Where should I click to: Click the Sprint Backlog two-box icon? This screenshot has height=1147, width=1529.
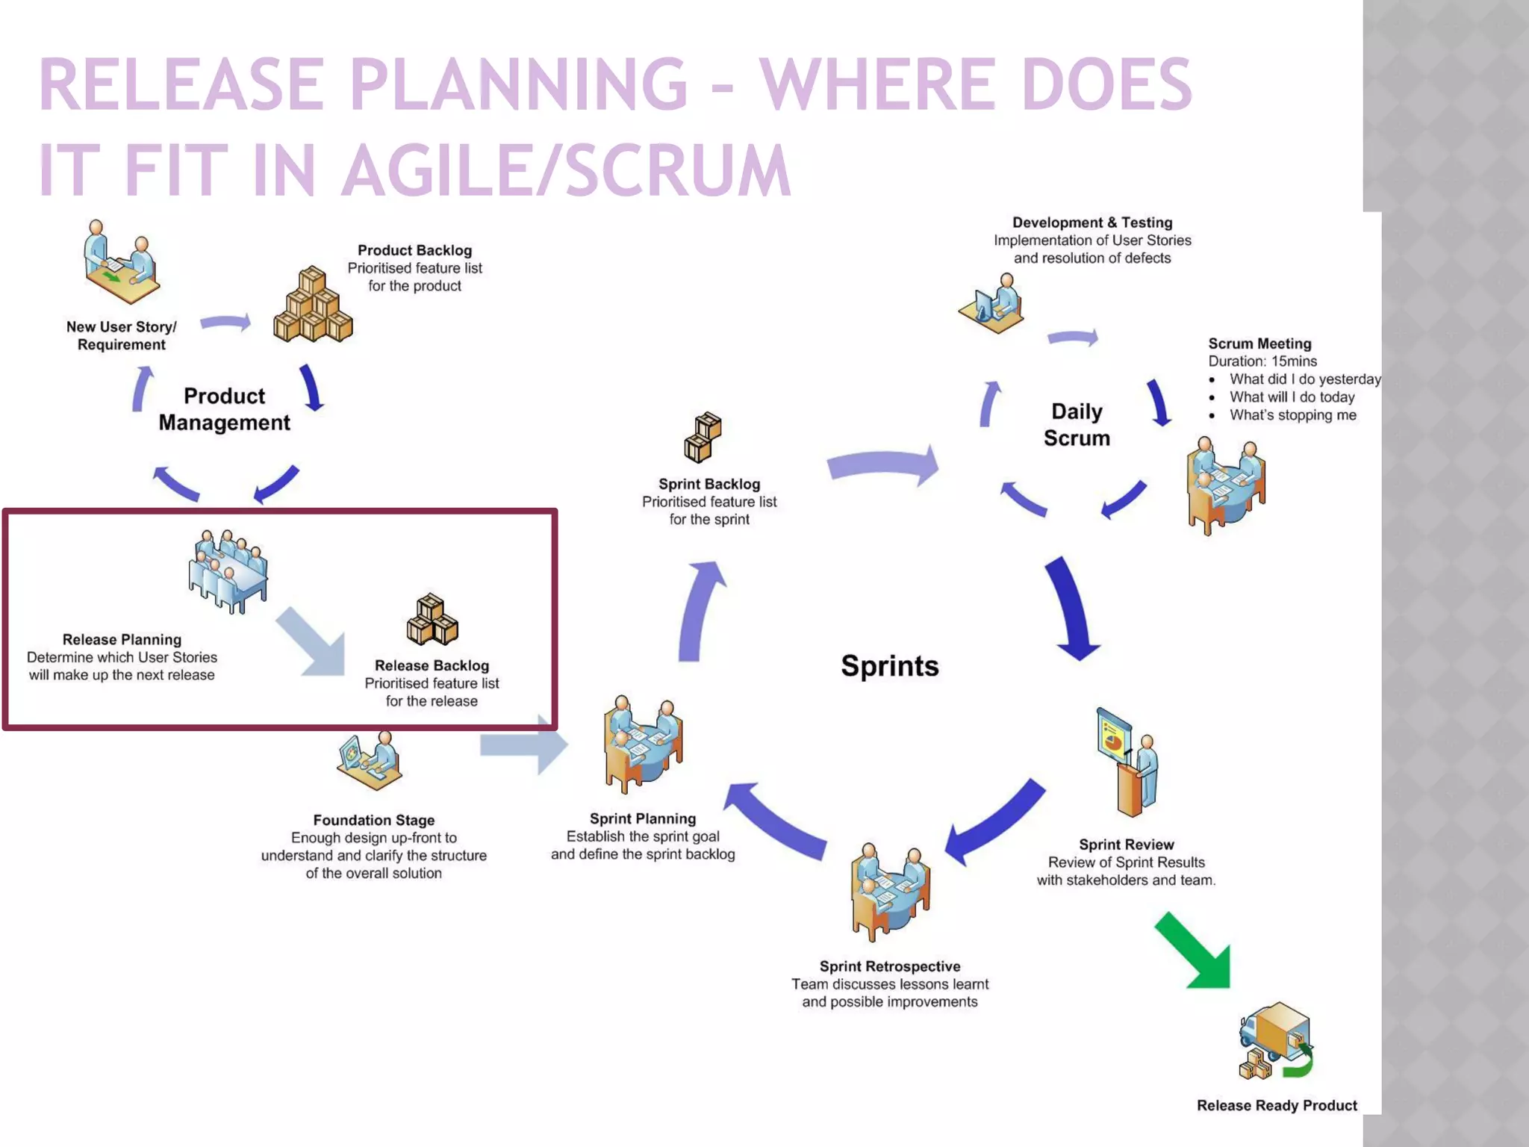[703, 437]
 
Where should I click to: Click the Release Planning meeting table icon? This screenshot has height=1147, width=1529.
[228, 571]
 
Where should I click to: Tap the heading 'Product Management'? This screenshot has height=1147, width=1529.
[224, 409]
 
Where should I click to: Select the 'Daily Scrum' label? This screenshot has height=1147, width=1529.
[1077, 425]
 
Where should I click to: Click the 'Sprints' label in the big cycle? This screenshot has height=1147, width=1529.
[889, 665]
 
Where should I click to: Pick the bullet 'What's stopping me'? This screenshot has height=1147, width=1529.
[1292, 415]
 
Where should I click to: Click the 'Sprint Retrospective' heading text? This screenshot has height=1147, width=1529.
[889, 966]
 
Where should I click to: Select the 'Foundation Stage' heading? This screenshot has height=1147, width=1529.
[373, 820]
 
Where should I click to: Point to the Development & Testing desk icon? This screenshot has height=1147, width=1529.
[992, 304]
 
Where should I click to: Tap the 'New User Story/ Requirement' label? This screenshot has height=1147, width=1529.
[122, 335]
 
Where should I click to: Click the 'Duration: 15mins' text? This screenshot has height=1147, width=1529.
[1262, 361]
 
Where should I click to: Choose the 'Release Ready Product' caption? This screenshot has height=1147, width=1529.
[1277, 1105]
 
